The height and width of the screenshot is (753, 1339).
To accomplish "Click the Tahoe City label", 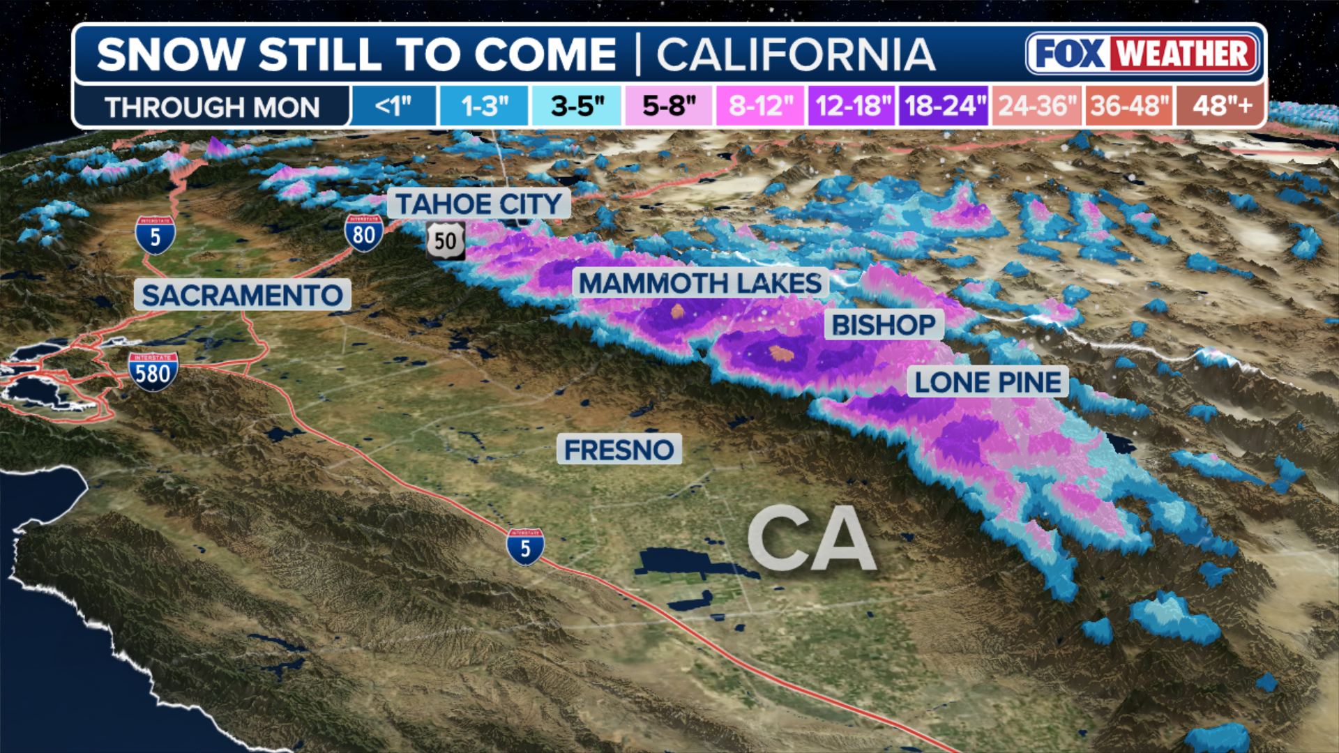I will click(x=478, y=204).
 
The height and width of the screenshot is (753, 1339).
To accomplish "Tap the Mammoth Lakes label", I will click(x=700, y=284).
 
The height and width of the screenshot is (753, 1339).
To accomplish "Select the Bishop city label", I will click(x=884, y=325).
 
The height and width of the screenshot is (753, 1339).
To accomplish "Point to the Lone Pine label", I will click(x=988, y=382).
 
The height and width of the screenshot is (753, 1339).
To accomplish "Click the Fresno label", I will click(x=619, y=450).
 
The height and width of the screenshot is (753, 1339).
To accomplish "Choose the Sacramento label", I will click(x=242, y=296).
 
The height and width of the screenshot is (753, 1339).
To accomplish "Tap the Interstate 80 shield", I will click(x=363, y=233).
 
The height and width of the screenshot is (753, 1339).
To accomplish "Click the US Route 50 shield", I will click(x=446, y=241).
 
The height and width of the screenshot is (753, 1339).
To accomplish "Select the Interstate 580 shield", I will click(x=153, y=372).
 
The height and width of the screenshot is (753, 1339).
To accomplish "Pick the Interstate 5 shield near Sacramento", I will click(x=155, y=236).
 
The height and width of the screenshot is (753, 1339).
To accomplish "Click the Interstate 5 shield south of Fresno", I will click(x=525, y=547).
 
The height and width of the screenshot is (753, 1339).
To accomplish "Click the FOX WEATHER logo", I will click(x=1143, y=54).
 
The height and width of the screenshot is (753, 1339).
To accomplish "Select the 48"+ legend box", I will click(x=1221, y=107).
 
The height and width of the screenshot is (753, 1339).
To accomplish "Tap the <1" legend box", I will click(x=393, y=107).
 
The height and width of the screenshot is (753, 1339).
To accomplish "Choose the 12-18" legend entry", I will click(x=852, y=107).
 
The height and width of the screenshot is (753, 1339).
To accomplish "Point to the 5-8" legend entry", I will click(x=669, y=107).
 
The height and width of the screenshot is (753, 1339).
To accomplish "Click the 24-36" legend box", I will click(x=1037, y=107).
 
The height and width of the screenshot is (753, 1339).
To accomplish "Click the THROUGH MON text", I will click(x=212, y=107).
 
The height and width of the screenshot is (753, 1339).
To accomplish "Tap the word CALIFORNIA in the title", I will click(x=796, y=55).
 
